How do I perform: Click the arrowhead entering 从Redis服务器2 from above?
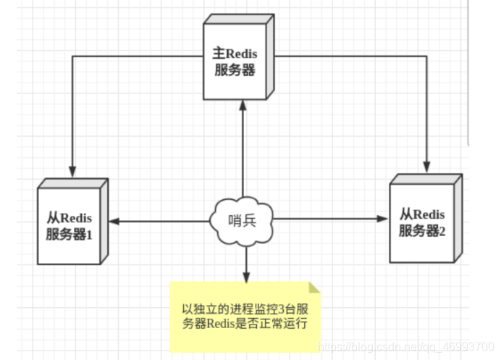pos(427,161)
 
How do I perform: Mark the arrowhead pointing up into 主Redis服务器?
pos(244,106)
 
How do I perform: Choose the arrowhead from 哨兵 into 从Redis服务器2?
pos(384,217)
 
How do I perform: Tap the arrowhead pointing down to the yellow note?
pos(246,278)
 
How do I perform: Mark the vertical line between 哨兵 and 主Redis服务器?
pos(244,152)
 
